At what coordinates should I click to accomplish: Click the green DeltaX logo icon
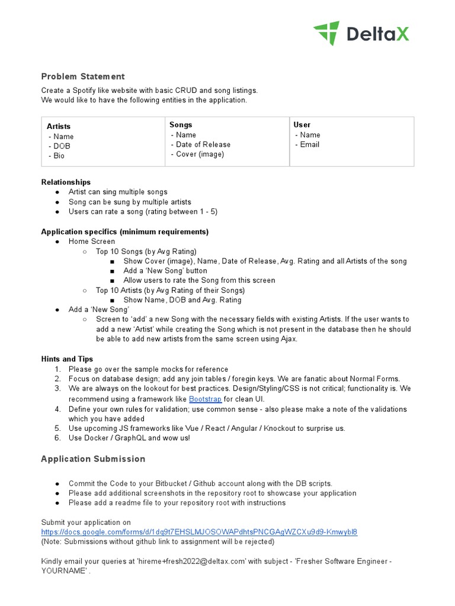point(326,33)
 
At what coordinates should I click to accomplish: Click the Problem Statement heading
point(83,76)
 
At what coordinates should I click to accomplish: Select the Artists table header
point(59,126)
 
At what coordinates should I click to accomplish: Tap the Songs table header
point(181,125)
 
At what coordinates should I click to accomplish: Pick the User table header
point(302,125)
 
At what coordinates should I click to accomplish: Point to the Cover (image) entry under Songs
point(200,154)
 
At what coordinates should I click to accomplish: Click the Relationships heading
point(66,182)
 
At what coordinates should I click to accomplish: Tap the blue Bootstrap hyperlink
point(205,399)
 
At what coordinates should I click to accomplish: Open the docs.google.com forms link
point(199,532)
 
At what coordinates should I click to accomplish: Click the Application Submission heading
point(93,459)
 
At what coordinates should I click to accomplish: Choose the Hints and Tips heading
point(67,359)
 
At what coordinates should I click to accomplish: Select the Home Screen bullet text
point(92,241)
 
